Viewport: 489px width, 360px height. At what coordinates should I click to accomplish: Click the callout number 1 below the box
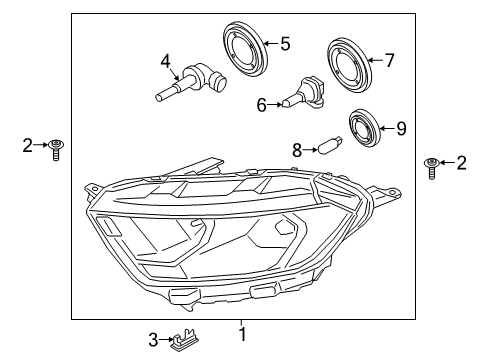(x=243, y=334)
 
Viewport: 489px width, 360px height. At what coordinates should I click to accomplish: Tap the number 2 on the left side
(x=28, y=145)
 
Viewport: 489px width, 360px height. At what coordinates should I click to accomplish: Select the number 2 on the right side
(x=461, y=163)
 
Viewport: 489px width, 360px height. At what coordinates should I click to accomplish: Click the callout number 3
(x=153, y=340)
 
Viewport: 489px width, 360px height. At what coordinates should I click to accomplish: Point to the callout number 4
(x=166, y=61)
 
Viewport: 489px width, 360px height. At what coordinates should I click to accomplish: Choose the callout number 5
(x=285, y=44)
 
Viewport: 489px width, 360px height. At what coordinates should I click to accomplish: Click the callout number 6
(x=262, y=105)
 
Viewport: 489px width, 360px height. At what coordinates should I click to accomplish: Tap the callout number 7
(x=389, y=60)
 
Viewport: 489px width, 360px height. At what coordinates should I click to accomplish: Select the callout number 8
(x=297, y=150)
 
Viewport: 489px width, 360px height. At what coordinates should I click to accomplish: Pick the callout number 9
(x=401, y=128)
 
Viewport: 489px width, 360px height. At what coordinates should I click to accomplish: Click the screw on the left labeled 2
(x=56, y=149)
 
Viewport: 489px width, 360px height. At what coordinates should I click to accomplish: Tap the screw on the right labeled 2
(x=431, y=168)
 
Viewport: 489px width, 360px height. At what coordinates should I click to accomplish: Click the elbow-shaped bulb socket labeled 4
(x=191, y=82)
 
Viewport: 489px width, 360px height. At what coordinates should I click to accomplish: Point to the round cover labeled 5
(x=245, y=49)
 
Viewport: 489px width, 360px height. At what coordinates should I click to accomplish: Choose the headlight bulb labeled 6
(x=303, y=92)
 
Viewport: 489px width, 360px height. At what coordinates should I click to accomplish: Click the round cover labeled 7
(x=349, y=66)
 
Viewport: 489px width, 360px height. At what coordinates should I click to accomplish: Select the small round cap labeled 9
(x=364, y=128)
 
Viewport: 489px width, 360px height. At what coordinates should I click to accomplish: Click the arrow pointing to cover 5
(x=271, y=43)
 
